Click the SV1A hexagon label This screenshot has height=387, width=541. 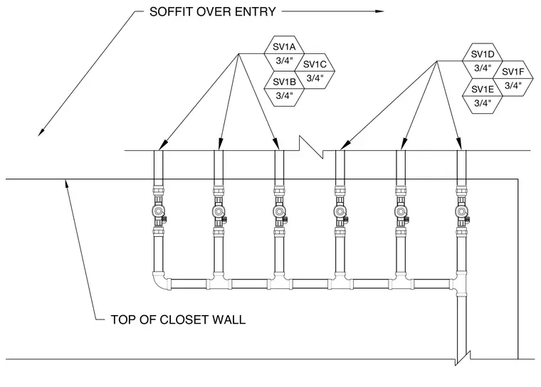coord(284,46)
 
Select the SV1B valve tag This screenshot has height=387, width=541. coord(284,82)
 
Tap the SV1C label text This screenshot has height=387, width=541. coord(315,64)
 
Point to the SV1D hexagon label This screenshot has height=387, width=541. coord(483,54)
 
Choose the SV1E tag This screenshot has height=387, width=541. coord(483,90)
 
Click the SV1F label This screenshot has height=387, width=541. coord(513,72)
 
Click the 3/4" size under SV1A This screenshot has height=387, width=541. coord(284,60)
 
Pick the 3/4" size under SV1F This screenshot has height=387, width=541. coord(513,85)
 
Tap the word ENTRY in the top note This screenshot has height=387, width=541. coord(256,11)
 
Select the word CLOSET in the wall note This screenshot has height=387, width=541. coord(184,319)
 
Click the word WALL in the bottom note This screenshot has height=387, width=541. coord(229,319)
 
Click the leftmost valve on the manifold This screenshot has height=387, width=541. coord(159,211)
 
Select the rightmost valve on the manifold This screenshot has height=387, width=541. coord(462,211)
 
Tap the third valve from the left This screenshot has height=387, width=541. coord(280,211)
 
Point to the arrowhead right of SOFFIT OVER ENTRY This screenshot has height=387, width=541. coord(379,11)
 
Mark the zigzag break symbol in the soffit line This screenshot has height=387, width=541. coord(311,147)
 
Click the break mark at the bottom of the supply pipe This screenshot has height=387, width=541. coord(462,359)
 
